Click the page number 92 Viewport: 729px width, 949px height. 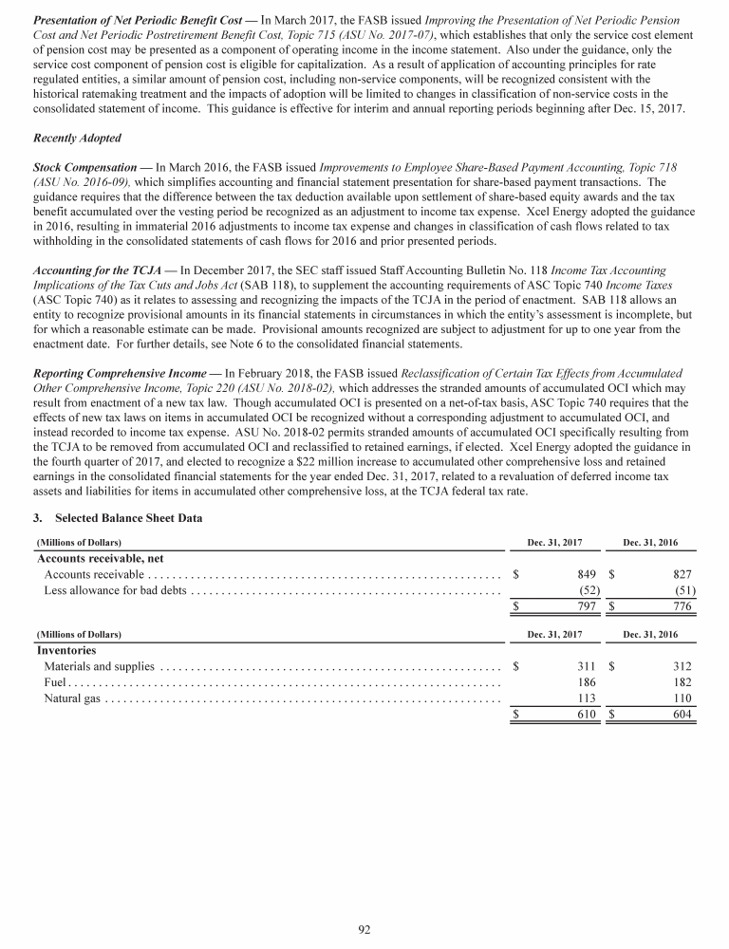364,929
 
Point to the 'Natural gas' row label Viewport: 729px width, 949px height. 71,699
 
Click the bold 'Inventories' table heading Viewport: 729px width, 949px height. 66,651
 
